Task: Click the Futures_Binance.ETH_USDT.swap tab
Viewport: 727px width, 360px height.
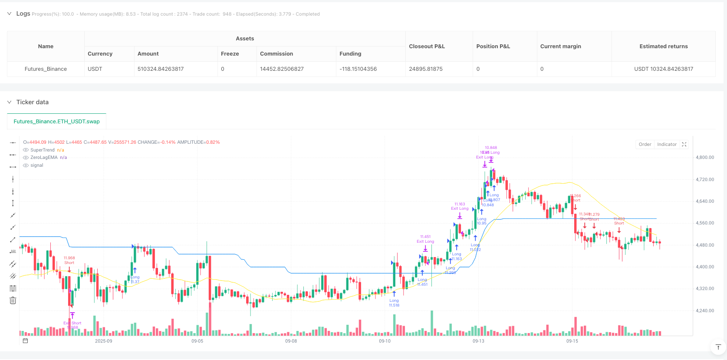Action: coord(56,122)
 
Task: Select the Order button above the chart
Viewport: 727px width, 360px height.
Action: coord(645,145)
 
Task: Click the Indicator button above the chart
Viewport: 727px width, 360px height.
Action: coord(667,145)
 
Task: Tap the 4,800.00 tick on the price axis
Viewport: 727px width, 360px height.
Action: coord(704,158)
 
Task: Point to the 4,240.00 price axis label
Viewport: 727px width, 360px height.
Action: coord(704,311)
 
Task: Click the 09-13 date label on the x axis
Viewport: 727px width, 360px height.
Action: coord(478,341)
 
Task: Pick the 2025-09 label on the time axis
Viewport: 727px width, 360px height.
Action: coord(103,341)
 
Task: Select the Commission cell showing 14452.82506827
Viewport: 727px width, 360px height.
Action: coord(282,69)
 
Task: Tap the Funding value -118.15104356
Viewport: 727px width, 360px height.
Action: coord(358,69)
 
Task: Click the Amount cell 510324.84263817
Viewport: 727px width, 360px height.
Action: coord(161,69)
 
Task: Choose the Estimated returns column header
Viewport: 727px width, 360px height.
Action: coord(663,46)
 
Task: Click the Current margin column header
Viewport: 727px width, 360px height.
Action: coord(560,46)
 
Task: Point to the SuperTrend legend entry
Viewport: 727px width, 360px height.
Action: coord(43,150)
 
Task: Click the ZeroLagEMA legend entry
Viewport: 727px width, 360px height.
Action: coord(44,158)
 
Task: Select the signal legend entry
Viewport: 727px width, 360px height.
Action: coord(37,165)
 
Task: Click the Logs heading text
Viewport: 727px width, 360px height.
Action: coord(23,14)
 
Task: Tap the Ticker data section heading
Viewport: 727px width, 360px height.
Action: coord(33,102)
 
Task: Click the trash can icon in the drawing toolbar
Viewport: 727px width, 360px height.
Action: coord(13,301)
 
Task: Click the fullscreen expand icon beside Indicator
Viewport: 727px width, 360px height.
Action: coord(684,145)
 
